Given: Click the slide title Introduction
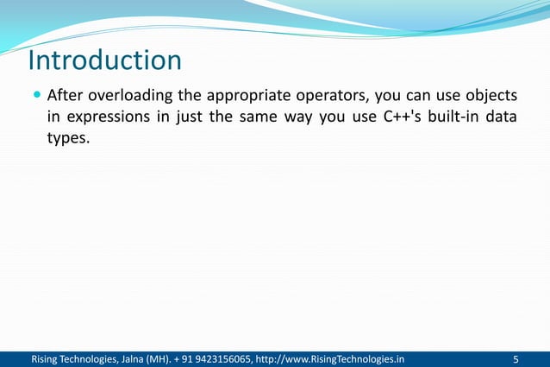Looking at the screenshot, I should [x=105, y=61].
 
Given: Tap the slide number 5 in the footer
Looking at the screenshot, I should [x=516, y=358].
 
